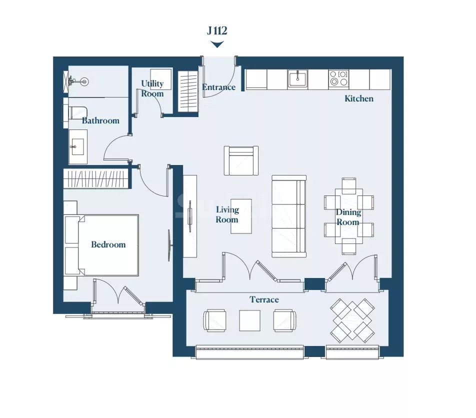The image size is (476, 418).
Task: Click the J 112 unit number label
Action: coord(217,31)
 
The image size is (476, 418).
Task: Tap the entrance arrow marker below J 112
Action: coord(217,45)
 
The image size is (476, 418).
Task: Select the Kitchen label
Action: coord(358,98)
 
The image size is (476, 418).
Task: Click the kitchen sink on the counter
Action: coord(297,78)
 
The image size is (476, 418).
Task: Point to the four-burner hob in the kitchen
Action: coord(338,78)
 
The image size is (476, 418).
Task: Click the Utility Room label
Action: coord(152,88)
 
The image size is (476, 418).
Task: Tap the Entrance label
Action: coord(218,87)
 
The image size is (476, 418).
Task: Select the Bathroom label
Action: coord(100,120)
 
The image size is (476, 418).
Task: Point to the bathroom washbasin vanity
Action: coord(78,146)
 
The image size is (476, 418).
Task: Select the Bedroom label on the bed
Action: coord(108,244)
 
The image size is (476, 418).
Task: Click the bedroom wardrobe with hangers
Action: coord(96,178)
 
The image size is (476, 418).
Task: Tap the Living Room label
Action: coord(227,214)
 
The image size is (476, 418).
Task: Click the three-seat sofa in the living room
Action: coord(289,216)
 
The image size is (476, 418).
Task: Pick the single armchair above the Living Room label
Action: coord(241,160)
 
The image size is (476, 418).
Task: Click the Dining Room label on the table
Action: coord(348,217)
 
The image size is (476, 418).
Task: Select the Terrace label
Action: coord(264,299)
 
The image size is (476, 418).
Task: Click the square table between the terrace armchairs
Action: coord(249,320)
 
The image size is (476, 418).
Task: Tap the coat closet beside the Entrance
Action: coord(188,91)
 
